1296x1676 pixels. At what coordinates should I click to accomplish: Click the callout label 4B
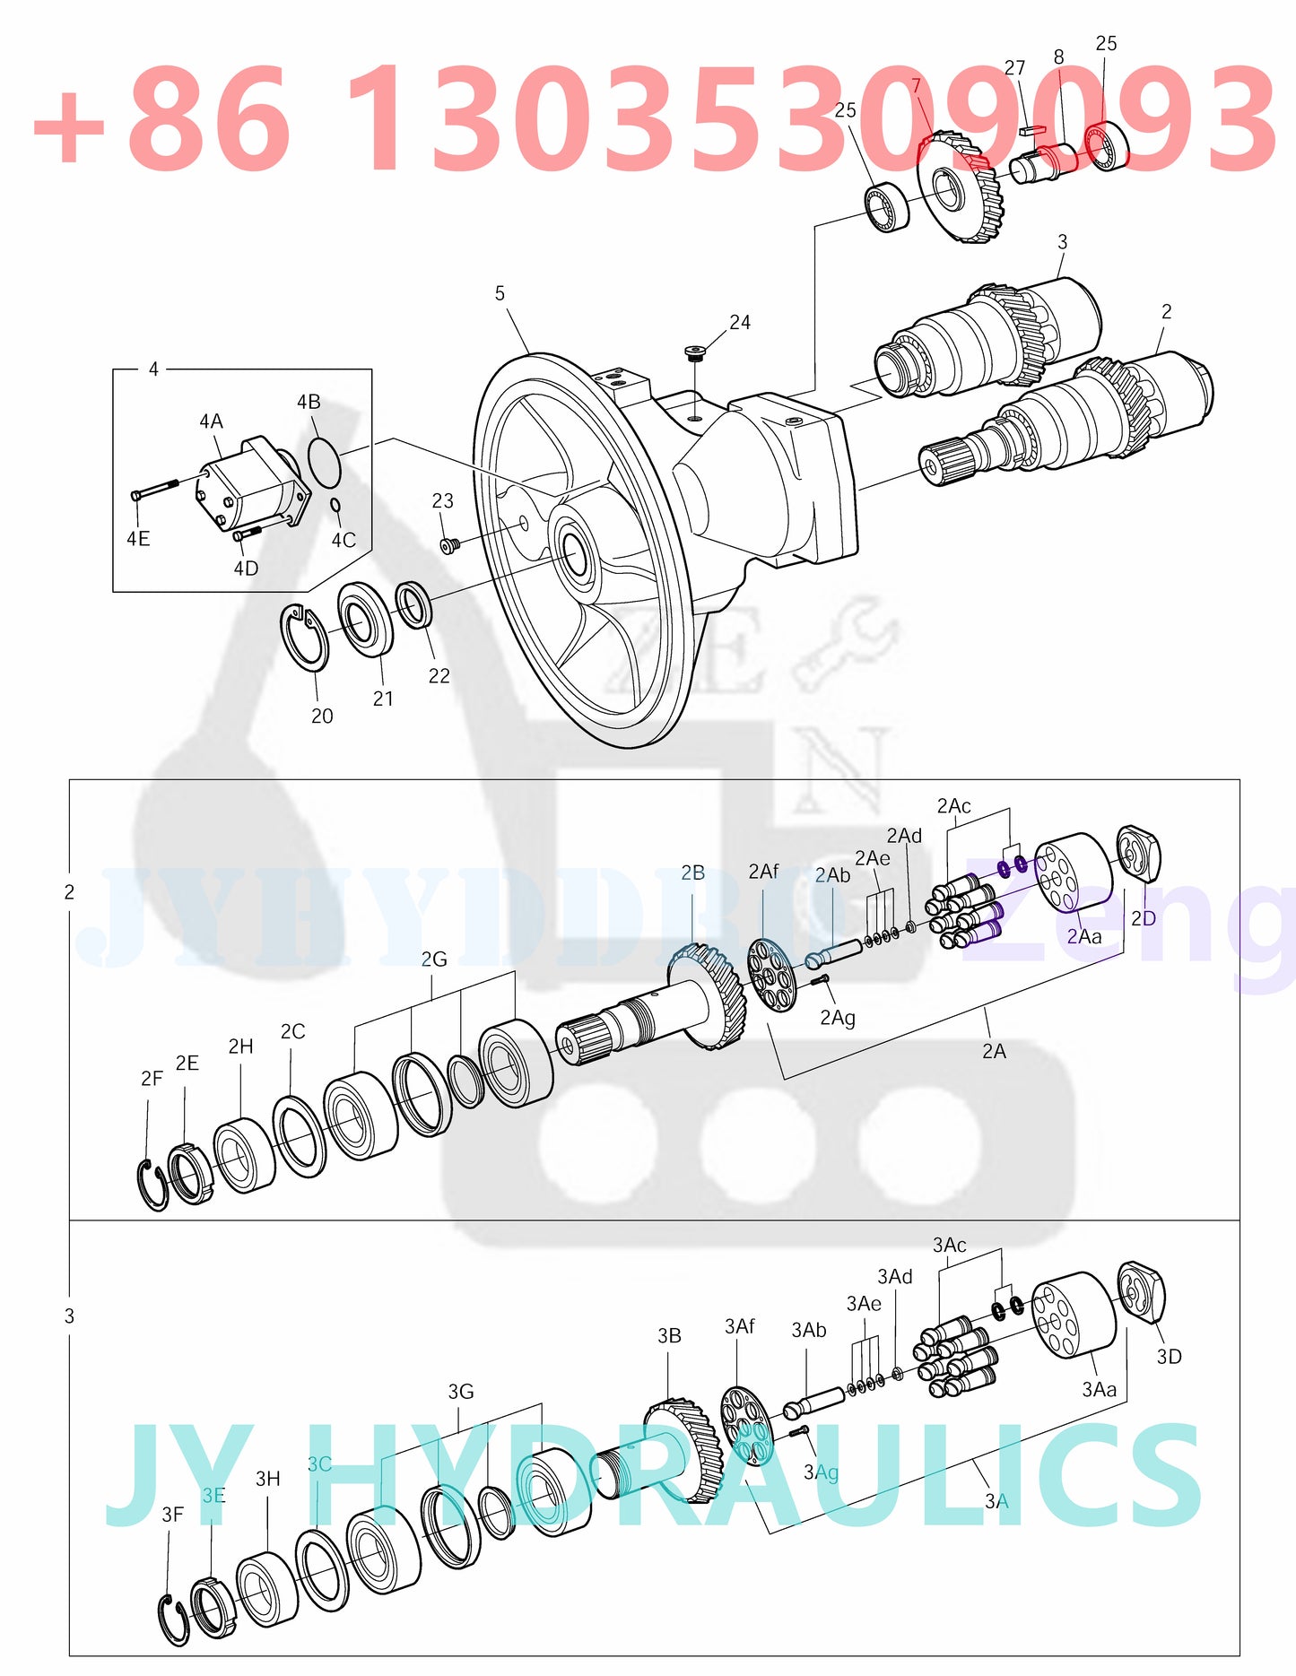click(309, 402)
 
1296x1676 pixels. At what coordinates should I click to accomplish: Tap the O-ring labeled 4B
click(324, 458)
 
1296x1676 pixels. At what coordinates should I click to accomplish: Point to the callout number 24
click(740, 322)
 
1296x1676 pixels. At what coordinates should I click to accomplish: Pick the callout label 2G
click(434, 959)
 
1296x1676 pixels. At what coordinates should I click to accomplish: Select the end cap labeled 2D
click(1138, 855)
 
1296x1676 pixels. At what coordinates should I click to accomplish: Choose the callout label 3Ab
click(808, 1330)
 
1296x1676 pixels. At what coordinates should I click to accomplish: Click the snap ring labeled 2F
click(153, 1184)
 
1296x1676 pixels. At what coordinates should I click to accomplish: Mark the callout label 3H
click(268, 1479)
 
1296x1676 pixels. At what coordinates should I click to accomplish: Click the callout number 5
click(500, 293)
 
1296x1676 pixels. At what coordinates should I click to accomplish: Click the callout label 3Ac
click(949, 1245)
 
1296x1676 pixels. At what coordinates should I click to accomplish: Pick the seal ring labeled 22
click(414, 604)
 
